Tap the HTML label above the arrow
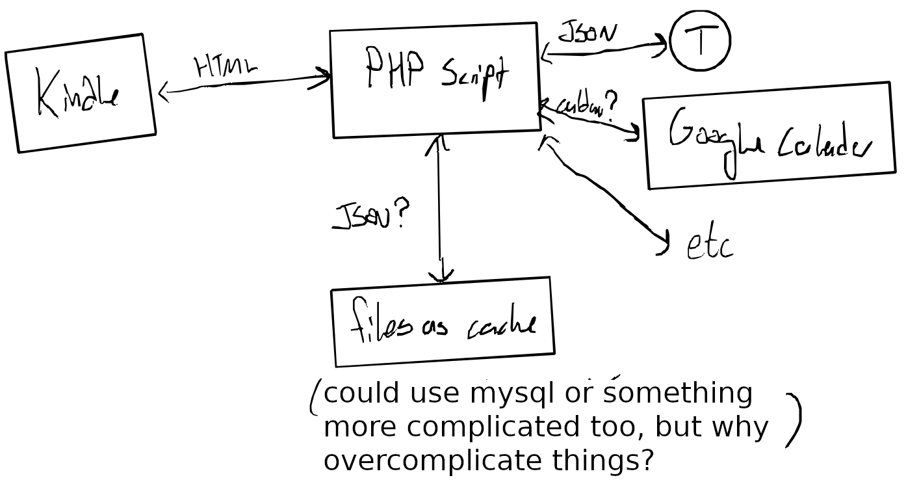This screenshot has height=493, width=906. pos(225,66)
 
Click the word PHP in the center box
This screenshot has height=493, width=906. pos(395,67)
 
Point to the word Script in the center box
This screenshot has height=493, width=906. pos(474,73)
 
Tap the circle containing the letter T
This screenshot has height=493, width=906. pos(700,40)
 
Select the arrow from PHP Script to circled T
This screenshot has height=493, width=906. pos(604,51)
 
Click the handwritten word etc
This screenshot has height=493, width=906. pos(710,245)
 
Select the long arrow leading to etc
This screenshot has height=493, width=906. pos(604,189)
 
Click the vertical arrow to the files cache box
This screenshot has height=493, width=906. pos(440,208)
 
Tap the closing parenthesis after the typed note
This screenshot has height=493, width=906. pos(794,420)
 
